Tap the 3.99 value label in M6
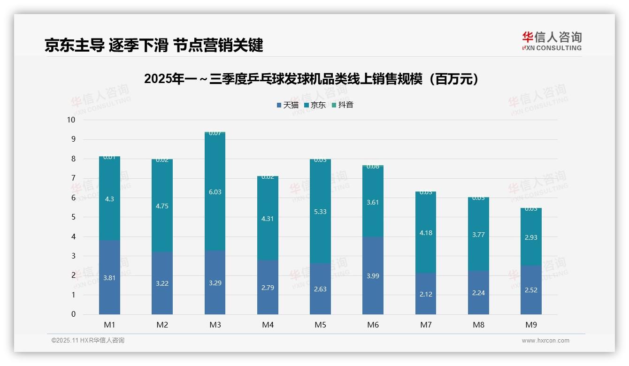click(x=373, y=276)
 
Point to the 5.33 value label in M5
click(x=320, y=212)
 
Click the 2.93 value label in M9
click(x=531, y=237)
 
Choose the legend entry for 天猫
click(x=288, y=105)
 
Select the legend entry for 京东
click(x=315, y=105)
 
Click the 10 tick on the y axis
click(x=71, y=120)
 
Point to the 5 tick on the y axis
click(x=73, y=217)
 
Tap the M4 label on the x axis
click(x=268, y=325)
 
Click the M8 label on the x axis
click(x=478, y=325)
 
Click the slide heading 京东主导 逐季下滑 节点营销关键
click(x=153, y=45)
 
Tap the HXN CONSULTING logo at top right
click(x=552, y=41)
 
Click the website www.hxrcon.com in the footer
click(x=545, y=341)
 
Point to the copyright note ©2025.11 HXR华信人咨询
click(x=88, y=341)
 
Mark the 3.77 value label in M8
click(x=478, y=235)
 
